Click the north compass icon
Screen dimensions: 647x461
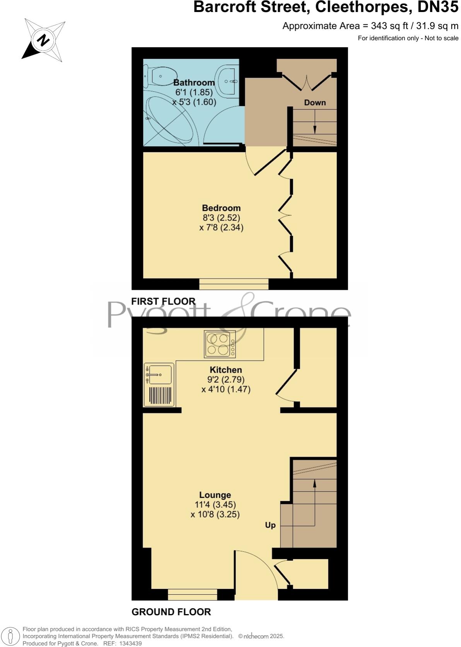pos(43,40)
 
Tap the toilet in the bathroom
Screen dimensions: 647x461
pos(160,75)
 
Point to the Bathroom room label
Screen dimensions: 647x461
pos(194,82)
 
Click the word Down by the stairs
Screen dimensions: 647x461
pos(315,103)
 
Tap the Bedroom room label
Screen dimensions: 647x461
pos(221,208)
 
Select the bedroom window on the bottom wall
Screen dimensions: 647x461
pos(234,284)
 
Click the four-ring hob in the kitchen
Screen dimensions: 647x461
pos(220,344)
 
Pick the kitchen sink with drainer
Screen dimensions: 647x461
pos(159,385)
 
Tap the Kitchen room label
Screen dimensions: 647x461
pos(225,370)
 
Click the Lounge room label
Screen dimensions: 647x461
pos(215,495)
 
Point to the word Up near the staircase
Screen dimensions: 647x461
pos(270,525)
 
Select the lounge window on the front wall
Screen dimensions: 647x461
pos(192,594)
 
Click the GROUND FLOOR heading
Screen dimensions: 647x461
pos(171,612)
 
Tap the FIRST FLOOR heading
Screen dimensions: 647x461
pos(163,301)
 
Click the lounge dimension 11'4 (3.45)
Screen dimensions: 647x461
pos(215,505)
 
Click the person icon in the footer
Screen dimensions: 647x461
pos(11,637)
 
